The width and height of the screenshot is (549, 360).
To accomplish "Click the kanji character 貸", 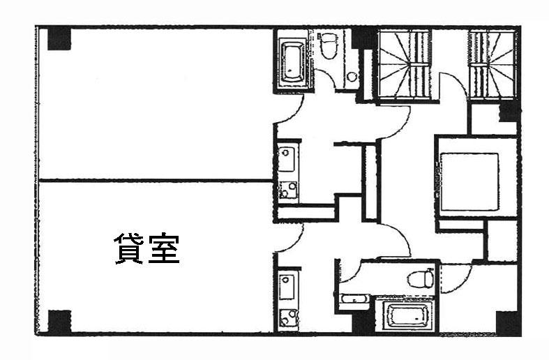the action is tap(129, 248).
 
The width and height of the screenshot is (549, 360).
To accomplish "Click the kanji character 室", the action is tap(164, 248).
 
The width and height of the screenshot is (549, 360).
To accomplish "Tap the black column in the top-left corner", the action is tap(59, 39).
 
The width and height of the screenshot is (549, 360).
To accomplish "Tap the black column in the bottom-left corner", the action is tap(59, 322).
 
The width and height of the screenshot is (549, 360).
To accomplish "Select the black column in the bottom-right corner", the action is tap(508, 323).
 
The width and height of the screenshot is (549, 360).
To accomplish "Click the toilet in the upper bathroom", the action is tap(328, 45).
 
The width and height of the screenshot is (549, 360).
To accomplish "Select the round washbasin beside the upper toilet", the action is tap(351, 76).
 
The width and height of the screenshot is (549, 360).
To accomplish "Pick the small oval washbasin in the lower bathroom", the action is tap(354, 300).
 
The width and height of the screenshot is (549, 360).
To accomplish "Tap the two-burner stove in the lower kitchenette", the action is tap(288, 318).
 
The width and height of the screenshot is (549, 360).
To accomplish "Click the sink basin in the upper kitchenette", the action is tap(287, 159).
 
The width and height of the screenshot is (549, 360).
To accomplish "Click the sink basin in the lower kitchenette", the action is tap(287, 287).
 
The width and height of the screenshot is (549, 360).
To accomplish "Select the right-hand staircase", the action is tap(492, 64).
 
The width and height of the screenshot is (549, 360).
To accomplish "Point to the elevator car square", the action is tap(469, 181).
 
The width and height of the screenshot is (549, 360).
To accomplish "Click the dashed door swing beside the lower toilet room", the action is tap(456, 279).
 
